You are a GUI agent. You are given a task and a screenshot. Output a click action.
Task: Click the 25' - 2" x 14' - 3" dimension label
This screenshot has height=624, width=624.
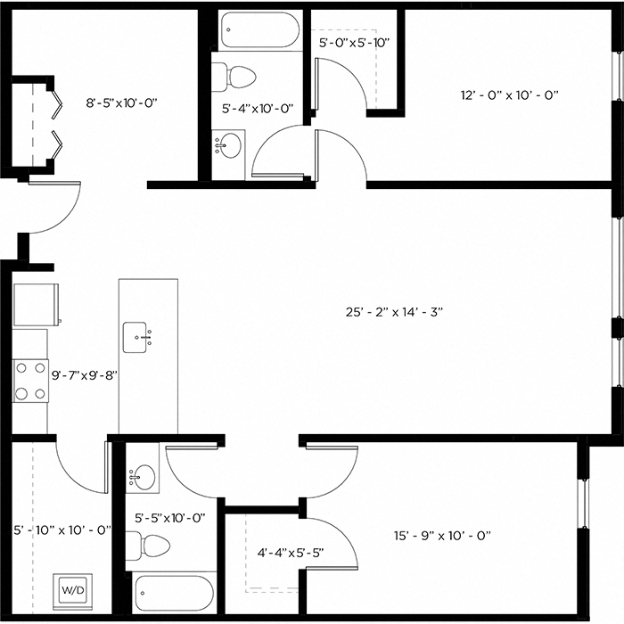[394, 312]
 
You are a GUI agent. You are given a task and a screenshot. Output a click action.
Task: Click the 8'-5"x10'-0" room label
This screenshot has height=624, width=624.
[121, 103]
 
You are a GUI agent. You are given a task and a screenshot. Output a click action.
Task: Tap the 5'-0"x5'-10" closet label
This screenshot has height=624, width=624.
[355, 41]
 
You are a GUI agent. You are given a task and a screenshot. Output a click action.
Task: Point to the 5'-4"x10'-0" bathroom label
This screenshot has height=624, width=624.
[258, 109]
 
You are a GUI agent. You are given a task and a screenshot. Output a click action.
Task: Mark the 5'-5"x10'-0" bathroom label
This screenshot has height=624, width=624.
[170, 517]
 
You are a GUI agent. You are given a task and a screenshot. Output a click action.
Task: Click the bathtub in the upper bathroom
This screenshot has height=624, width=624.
[259, 30]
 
